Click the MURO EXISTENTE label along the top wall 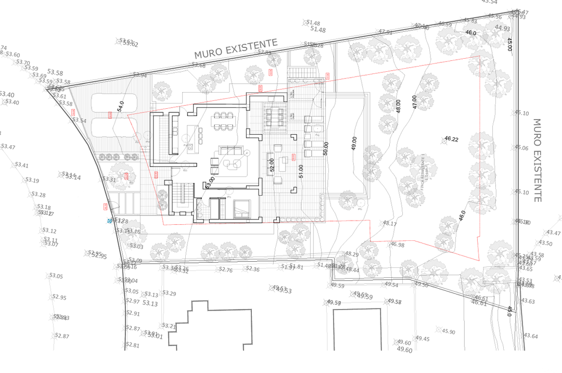coord(236,48)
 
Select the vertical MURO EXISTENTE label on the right coord(537,160)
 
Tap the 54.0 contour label coord(121,107)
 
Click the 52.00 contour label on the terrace coord(272,165)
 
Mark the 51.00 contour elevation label coord(301,171)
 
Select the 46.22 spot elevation coord(452,139)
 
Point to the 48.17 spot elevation coord(390,224)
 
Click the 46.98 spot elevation coord(397,245)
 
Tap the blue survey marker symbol coord(110,221)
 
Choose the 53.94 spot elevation coord(140,75)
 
